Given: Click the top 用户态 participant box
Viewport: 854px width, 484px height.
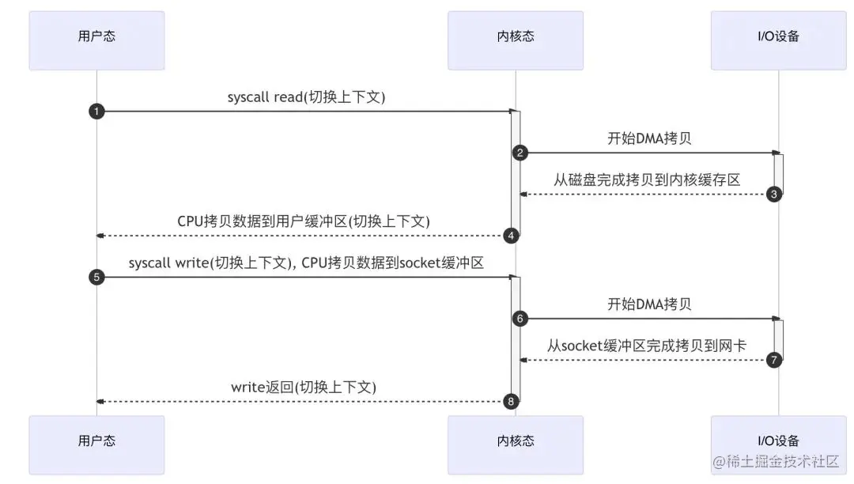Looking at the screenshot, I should [96, 40].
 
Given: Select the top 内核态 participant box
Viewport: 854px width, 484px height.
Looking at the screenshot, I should [516, 40].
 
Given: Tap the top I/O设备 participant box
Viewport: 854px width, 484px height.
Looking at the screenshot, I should [778, 40].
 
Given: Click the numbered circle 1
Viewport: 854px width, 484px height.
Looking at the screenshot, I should [96, 112].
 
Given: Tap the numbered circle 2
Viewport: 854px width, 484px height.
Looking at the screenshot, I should [520, 153].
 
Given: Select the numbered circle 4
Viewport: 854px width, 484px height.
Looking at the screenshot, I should [512, 236].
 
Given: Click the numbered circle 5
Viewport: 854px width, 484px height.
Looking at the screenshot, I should [96, 278].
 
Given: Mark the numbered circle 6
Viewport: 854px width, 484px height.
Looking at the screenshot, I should [520, 319].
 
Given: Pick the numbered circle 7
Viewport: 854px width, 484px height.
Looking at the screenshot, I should [774, 360].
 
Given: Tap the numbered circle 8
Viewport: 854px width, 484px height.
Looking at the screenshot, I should [512, 402].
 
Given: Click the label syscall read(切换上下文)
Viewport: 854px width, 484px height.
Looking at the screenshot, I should [306, 97].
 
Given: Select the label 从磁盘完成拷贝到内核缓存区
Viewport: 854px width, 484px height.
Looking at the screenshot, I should [647, 180].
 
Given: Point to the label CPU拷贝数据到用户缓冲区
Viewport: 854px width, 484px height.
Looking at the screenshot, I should [304, 221].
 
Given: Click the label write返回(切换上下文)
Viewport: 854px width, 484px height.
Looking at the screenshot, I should [304, 387].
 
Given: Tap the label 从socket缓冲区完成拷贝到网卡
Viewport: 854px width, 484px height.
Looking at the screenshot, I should [647, 346].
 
